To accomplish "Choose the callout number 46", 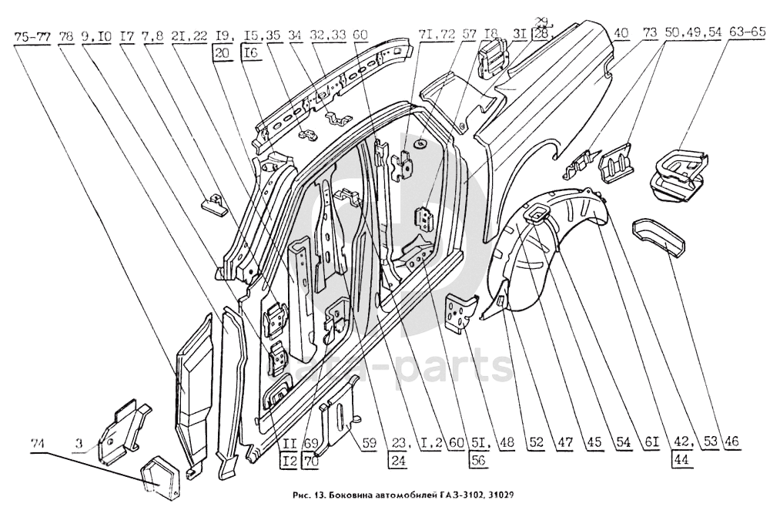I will (x=731, y=444).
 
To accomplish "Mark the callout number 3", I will (x=78, y=444).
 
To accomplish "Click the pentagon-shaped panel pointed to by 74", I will (x=159, y=474).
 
